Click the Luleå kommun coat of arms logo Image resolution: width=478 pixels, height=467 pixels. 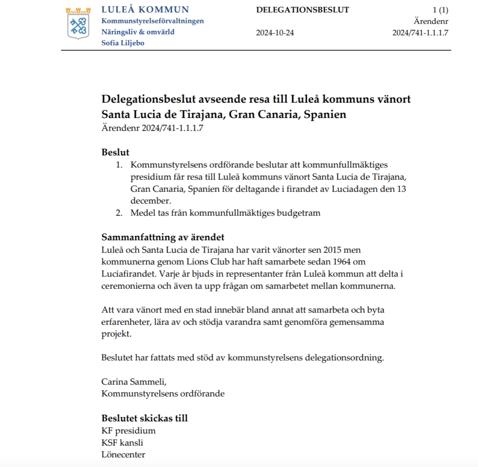click(77, 23)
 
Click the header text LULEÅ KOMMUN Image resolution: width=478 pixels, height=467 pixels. click(145, 10)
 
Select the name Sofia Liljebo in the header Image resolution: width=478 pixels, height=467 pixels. click(123, 43)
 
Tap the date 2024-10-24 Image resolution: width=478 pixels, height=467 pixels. click(275, 33)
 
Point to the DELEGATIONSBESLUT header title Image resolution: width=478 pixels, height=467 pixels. click(302, 10)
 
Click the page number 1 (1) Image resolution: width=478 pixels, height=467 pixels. click(440, 10)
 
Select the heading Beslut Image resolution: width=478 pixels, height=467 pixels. click(115, 153)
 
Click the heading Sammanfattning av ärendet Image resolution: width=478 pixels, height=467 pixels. click(163, 237)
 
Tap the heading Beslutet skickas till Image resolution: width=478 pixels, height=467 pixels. click(144, 418)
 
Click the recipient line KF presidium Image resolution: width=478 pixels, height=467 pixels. click(128, 431)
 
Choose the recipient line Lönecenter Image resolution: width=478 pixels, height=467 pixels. click(123, 454)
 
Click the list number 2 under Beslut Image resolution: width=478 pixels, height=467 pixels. click(119, 213)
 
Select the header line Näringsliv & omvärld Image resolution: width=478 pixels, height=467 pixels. click(138, 32)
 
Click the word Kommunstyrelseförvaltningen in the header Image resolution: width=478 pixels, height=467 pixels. click(153, 21)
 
